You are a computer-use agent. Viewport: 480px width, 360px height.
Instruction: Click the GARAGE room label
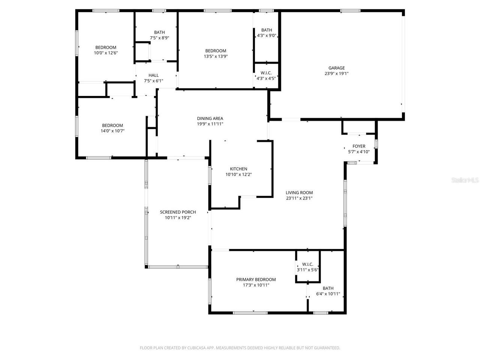(x=336, y=68)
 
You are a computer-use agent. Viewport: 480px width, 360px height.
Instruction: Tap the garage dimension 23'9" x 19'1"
(x=336, y=73)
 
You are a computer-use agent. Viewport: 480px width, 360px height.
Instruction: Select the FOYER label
(x=359, y=146)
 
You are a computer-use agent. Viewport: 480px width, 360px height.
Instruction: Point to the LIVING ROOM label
(x=299, y=193)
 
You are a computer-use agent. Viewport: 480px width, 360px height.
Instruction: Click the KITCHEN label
(x=238, y=169)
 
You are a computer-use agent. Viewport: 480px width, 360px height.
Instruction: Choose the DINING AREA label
(x=210, y=118)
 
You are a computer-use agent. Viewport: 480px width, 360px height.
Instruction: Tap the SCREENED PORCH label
(x=178, y=212)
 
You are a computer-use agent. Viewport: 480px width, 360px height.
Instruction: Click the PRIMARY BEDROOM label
(x=256, y=279)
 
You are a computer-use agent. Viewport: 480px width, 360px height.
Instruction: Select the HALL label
(x=153, y=75)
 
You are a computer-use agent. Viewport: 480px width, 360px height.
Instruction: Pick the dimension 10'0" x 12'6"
(x=106, y=53)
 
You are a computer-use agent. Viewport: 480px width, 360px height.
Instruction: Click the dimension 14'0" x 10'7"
(x=112, y=131)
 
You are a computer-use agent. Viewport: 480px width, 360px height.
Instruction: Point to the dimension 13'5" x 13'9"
(x=216, y=56)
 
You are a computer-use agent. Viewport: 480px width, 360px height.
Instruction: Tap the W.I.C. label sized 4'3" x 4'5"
(x=266, y=73)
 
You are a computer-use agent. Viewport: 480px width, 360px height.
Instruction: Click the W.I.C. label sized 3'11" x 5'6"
(x=307, y=264)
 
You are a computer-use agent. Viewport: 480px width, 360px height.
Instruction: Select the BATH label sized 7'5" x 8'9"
(x=159, y=32)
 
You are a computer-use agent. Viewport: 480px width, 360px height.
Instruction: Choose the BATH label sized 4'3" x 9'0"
(x=267, y=30)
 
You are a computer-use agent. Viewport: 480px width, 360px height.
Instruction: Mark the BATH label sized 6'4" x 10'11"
(x=328, y=288)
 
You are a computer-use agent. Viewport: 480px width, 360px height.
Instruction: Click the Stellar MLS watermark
(x=465, y=180)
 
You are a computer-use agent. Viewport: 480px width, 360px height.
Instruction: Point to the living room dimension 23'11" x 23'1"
(x=299, y=198)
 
